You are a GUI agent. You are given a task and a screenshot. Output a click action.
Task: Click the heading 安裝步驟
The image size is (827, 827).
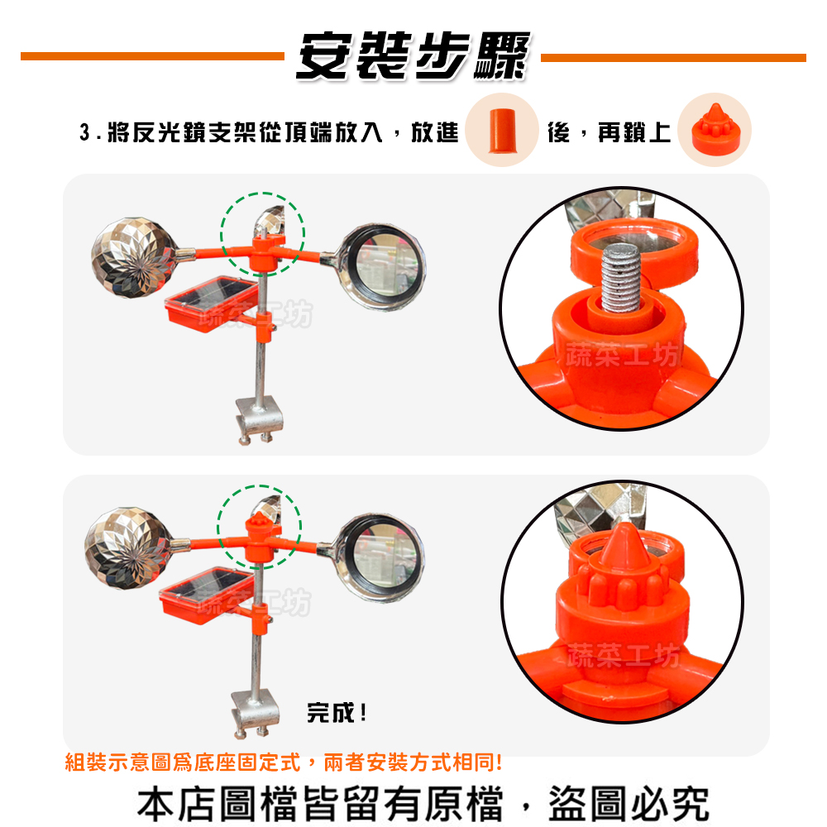tap(412, 57)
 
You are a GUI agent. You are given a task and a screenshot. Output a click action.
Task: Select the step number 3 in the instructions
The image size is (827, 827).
tap(84, 132)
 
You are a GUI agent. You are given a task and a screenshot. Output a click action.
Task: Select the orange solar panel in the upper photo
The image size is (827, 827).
tap(211, 303)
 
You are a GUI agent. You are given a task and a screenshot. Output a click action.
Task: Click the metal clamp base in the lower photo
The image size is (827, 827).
tap(255, 713)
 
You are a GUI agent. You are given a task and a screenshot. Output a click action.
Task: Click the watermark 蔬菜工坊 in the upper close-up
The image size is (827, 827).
tap(623, 357)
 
